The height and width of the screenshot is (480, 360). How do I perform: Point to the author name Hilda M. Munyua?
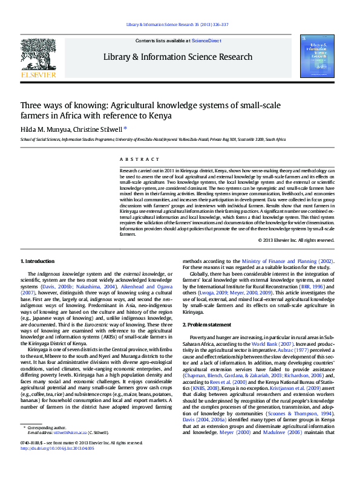coord(44,129)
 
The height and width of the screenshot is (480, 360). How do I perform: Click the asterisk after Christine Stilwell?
coord(125,128)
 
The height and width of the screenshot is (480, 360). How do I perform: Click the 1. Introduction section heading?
coord(38,261)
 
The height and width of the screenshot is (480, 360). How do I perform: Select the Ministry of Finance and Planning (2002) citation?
coord(287,261)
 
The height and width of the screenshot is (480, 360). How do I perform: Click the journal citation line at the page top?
coord(177,24)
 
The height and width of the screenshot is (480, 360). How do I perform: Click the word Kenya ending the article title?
coord(160,115)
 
